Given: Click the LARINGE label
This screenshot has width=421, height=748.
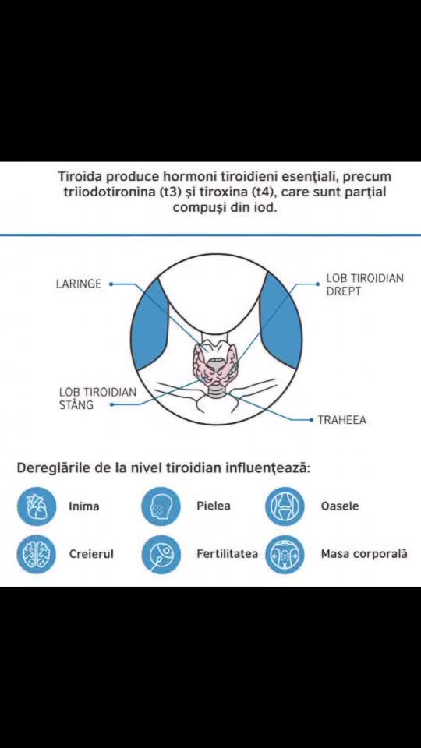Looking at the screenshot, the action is pos(79,284).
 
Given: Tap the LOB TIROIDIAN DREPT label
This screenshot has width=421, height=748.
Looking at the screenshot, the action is pos(365,284).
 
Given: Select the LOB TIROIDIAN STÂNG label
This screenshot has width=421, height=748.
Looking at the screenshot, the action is pos(98,398).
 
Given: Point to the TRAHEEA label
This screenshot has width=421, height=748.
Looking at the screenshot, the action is pos(342,420).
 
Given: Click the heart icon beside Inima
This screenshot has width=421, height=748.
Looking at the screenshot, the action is pos(37,506).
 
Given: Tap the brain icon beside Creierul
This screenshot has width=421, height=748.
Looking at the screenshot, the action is pos(37,554).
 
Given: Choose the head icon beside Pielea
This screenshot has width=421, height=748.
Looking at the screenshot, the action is pos(161,506).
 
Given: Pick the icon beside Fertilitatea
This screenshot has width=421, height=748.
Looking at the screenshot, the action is pos(161,554).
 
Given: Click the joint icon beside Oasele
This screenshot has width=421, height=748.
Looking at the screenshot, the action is pos(285,506).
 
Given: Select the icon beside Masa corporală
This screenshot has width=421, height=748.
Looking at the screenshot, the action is pos(285,554).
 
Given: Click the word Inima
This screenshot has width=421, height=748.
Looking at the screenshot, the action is pos(84,506).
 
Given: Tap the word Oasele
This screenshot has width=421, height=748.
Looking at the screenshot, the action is pos(340,506).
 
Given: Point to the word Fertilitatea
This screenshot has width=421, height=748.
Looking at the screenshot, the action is pos(227,554).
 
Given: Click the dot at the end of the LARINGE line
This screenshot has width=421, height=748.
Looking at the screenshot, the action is pos(111,284).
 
